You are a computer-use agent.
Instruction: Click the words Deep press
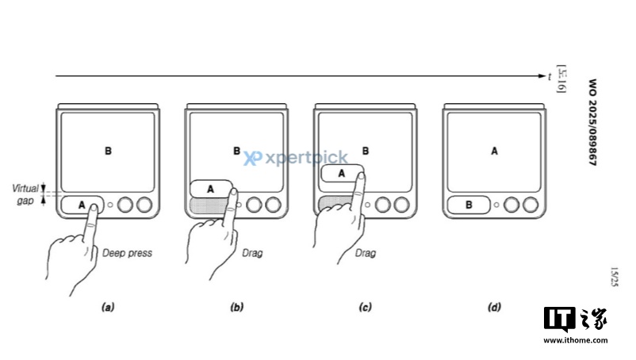click(127, 254)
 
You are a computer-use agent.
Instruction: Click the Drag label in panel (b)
click(252, 254)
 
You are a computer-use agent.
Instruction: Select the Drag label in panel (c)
click(366, 254)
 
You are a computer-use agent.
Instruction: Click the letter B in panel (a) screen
click(108, 150)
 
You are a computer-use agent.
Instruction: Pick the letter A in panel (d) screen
click(495, 150)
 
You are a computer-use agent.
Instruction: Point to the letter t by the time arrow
click(550, 76)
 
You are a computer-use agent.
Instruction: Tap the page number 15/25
click(615, 278)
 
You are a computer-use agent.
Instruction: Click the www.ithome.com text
click(575, 340)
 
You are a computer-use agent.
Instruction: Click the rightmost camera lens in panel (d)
click(530, 205)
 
